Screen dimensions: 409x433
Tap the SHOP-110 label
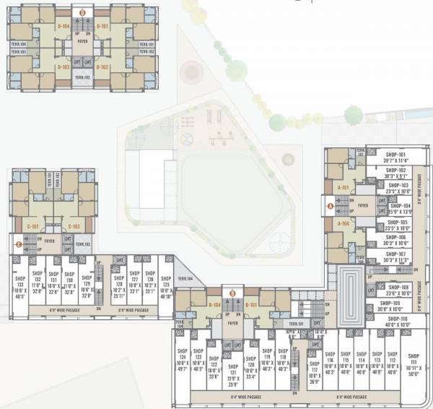coord(398,319)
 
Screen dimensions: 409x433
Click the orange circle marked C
coord(18,244)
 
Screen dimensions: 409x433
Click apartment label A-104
coord(343,225)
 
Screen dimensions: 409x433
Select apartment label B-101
coord(253,305)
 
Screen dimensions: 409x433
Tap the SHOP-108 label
coord(398,287)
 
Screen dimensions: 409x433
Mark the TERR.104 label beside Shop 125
coord(185,278)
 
